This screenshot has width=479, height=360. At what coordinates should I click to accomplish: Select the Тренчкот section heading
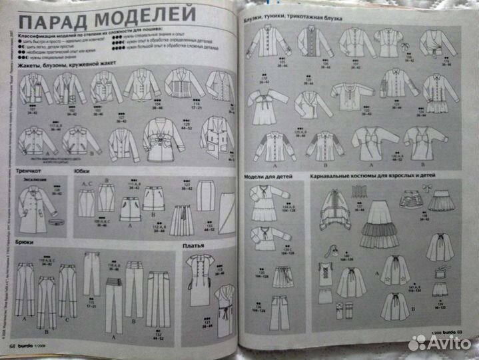(x=31, y=171)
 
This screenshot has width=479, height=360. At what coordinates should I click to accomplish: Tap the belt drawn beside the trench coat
(x=50, y=221)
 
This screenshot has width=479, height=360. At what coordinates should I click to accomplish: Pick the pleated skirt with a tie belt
(x=181, y=220)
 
